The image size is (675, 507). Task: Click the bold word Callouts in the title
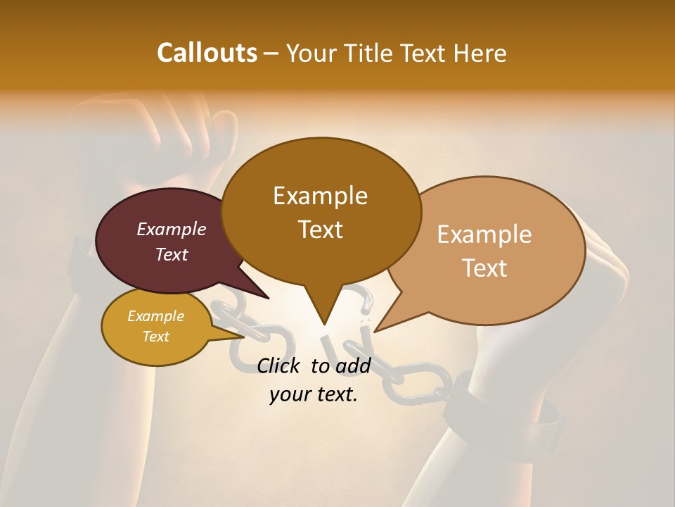(x=207, y=53)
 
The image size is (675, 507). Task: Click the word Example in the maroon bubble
(x=171, y=230)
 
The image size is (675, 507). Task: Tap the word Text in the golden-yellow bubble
(x=155, y=337)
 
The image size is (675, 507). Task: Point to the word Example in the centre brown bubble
(x=320, y=196)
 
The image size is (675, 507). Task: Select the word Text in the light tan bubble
(x=484, y=268)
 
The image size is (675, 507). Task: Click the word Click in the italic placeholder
(x=280, y=365)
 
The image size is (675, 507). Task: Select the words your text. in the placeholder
(x=314, y=394)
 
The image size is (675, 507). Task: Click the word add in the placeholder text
(x=353, y=365)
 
